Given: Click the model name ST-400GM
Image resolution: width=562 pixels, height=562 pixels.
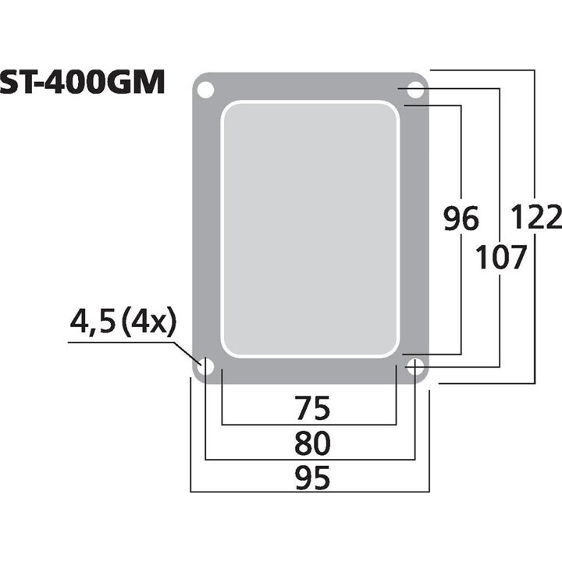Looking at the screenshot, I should (82, 82).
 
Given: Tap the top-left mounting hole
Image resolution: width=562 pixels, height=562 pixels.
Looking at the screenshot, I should (205, 91).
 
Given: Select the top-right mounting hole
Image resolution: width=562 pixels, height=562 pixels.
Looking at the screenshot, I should (415, 91).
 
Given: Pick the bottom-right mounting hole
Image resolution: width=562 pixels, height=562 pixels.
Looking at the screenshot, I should (415, 365).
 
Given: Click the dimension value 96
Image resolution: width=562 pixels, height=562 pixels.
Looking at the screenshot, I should (461, 220).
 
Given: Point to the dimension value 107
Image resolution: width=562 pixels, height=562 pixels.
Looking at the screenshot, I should (501, 257).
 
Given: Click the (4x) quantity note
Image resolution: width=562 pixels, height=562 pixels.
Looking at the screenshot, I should (151, 321).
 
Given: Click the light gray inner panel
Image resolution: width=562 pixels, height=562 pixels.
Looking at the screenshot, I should (310, 227).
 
